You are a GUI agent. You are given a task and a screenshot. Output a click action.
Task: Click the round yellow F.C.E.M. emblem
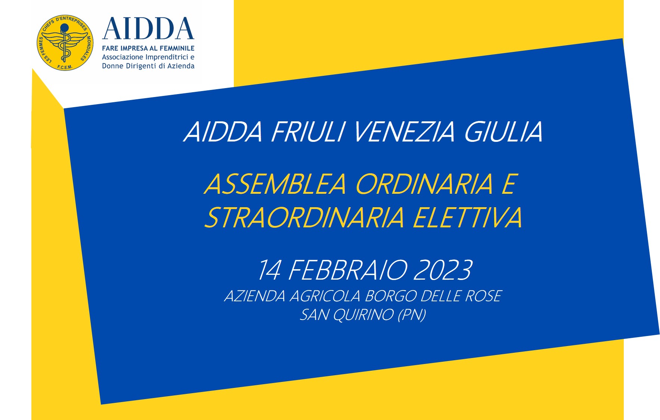coord(65,43)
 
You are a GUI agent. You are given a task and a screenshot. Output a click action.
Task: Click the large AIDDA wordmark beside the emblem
coord(148,29)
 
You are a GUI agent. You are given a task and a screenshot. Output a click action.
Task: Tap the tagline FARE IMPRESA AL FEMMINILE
coord(148,48)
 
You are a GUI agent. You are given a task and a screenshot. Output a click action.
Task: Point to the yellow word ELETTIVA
coord(468,218)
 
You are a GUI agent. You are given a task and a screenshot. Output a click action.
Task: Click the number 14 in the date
coord(269,270)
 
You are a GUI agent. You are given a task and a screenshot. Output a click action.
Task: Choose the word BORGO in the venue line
coord(391,296)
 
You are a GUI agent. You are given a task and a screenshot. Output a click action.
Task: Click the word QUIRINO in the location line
coord(363,315)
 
